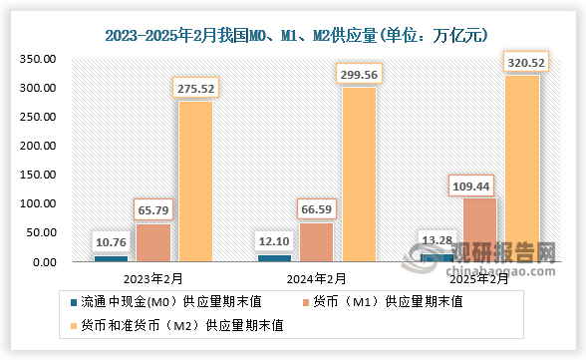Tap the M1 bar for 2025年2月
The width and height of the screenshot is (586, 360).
click(x=480, y=229)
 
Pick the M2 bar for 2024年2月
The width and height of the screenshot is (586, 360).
click(x=359, y=175)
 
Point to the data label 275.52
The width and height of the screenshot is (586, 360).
click(x=196, y=87)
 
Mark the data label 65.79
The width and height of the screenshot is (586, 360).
click(x=152, y=209)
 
